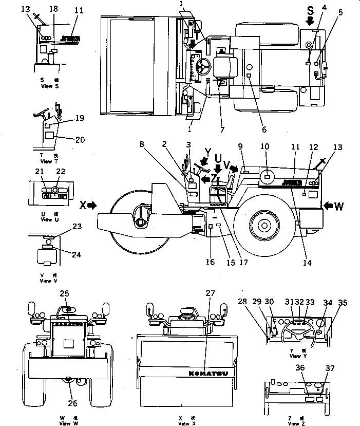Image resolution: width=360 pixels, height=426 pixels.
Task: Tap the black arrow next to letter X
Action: coord(92,205)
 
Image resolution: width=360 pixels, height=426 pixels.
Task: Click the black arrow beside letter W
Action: coord(329,206)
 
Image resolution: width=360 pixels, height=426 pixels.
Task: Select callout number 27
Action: coord(209,293)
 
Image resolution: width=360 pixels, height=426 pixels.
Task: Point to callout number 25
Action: coord(64,293)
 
